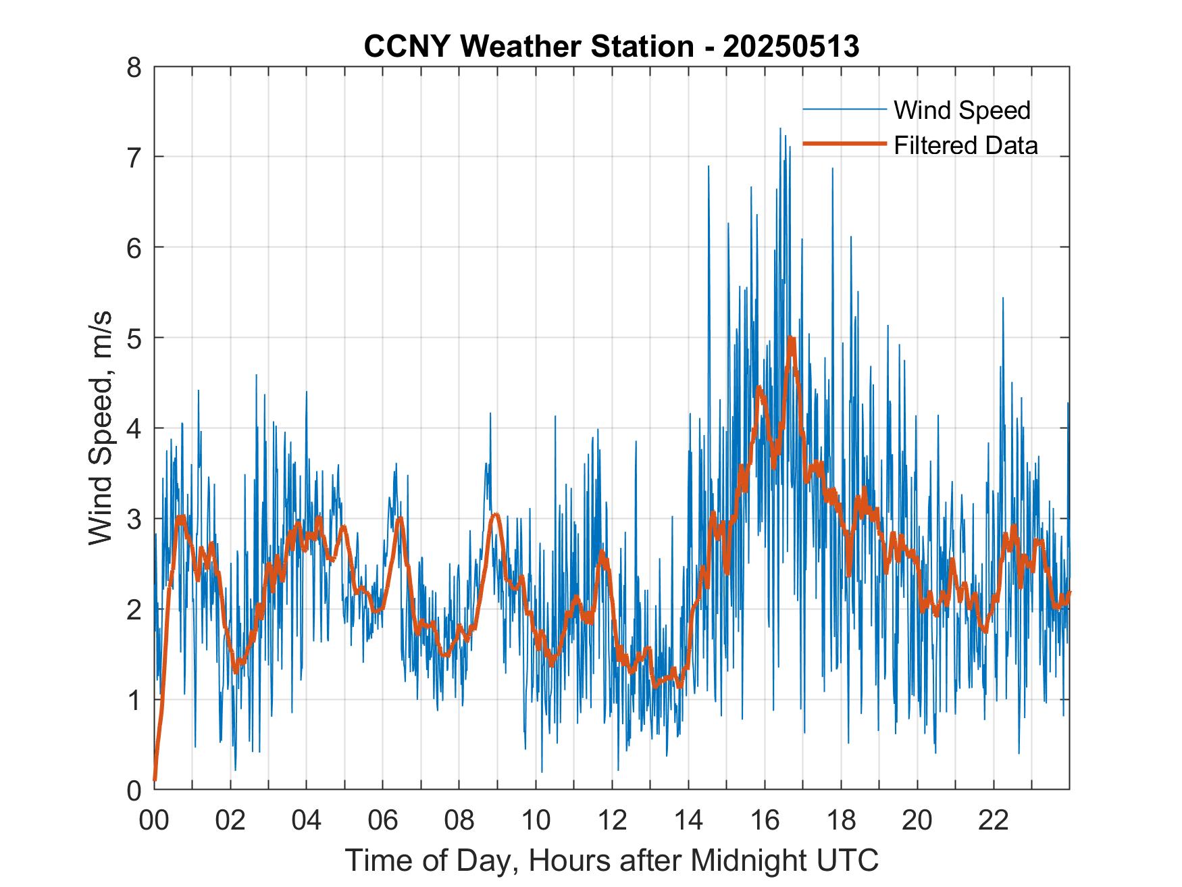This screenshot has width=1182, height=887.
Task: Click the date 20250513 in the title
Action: (x=791, y=46)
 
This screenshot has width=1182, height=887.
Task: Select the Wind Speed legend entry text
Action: (x=962, y=110)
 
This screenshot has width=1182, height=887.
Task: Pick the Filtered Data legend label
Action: (x=965, y=145)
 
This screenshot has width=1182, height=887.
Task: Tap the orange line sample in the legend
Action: (x=844, y=144)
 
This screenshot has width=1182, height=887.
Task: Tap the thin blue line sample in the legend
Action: (x=844, y=109)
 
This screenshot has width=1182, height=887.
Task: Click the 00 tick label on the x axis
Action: (x=154, y=820)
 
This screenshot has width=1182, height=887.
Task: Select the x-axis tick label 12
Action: (x=612, y=820)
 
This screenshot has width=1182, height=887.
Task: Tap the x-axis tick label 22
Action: (x=994, y=820)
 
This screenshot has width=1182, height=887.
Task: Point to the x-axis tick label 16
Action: (x=765, y=820)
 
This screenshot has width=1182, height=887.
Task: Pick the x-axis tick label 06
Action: (x=383, y=820)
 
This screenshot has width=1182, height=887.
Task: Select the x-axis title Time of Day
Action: (x=433, y=861)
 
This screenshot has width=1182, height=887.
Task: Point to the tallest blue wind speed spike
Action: (x=780, y=128)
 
